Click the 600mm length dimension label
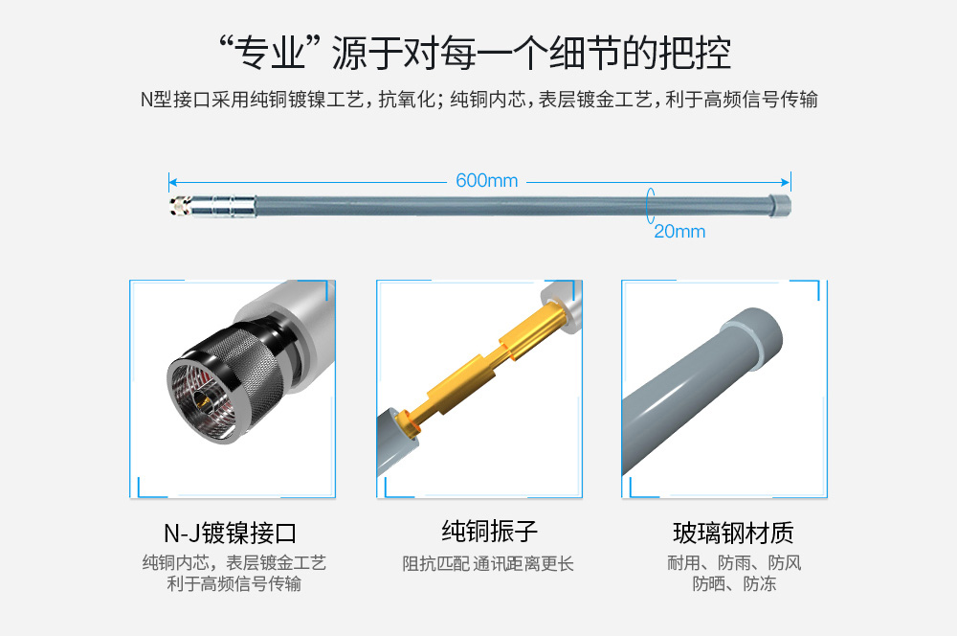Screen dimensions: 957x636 click(486, 181)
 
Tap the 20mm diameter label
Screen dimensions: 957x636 click(679, 232)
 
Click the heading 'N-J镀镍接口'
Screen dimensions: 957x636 click(230, 533)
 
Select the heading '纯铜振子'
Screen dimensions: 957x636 click(489, 531)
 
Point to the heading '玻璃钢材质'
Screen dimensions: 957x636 click(733, 533)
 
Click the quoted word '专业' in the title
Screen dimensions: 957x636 click(270, 53)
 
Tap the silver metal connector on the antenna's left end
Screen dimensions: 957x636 click(212, 206)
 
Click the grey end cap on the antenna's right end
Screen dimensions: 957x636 click(779, 205)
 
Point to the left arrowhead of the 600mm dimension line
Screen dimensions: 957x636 click(172, 182)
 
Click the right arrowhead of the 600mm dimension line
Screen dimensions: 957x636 click(786, 182)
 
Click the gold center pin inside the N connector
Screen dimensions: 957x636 click(202, 402)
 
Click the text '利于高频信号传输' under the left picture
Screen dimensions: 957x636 click(234, 583)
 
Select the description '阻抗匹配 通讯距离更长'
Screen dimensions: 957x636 click(488, 563)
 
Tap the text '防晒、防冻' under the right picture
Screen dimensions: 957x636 click(734, 583)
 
